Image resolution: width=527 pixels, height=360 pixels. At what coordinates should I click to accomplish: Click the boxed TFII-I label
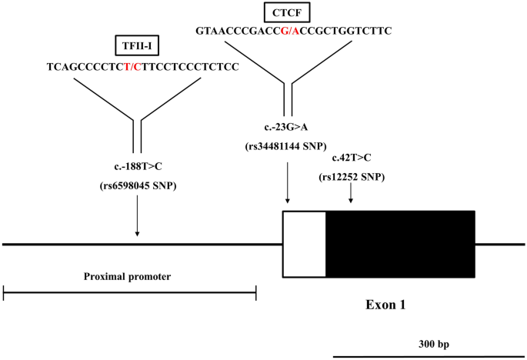137,46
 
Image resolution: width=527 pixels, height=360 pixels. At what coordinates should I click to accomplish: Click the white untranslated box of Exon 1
305,243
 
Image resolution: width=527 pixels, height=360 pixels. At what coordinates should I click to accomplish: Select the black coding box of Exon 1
400,243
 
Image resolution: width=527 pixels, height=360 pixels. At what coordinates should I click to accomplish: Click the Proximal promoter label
127,275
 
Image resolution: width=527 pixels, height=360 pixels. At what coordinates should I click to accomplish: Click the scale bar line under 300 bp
429,356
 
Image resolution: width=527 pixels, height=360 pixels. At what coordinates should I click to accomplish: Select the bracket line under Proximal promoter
129,292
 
